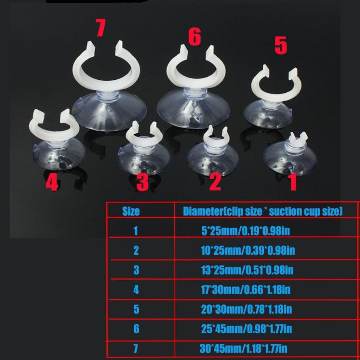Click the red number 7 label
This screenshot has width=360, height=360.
pyautogui.click(x=100, y=29)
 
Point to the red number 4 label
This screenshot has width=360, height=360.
pyautogui.click(x=52, y=183)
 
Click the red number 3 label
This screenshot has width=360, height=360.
pyautogui.click(x=142, y=182)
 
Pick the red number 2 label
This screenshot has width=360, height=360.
pyautogui.click(x=215, y=182)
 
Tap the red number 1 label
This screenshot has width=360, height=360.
pyautogui.click(x=293, y=183)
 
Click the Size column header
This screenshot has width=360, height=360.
pyautogui.click(x=131, y=212)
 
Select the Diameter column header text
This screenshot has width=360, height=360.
pyautogui.click(x=262, y=212)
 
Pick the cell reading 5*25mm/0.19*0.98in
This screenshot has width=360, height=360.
pyautogui.click(x=245, y=231)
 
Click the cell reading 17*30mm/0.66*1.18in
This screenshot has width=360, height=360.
pyautogui.click(x=245, y=290)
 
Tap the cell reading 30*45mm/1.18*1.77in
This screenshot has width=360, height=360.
pyautogui.click(x=243, y=348)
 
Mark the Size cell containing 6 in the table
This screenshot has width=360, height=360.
pyautogui.click(x=136, y=329)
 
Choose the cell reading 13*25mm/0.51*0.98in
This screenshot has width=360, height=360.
pyautogui.click(x=247, y=270)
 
